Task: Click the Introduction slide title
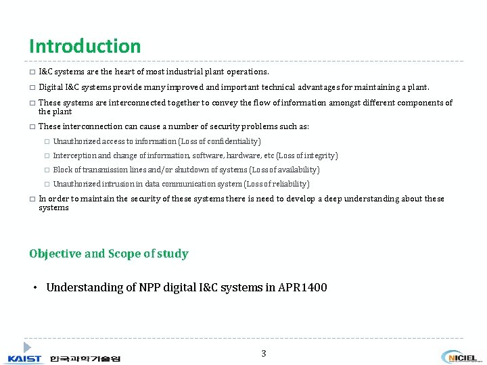point(85,47)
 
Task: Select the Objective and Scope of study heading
point(109,254)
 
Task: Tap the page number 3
point(264,354)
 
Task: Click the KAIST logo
point(24,358)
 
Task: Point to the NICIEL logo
point(459,357)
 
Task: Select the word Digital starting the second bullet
point(51,87)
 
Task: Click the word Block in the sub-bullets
point(63,170)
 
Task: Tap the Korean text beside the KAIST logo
point(85,358)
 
